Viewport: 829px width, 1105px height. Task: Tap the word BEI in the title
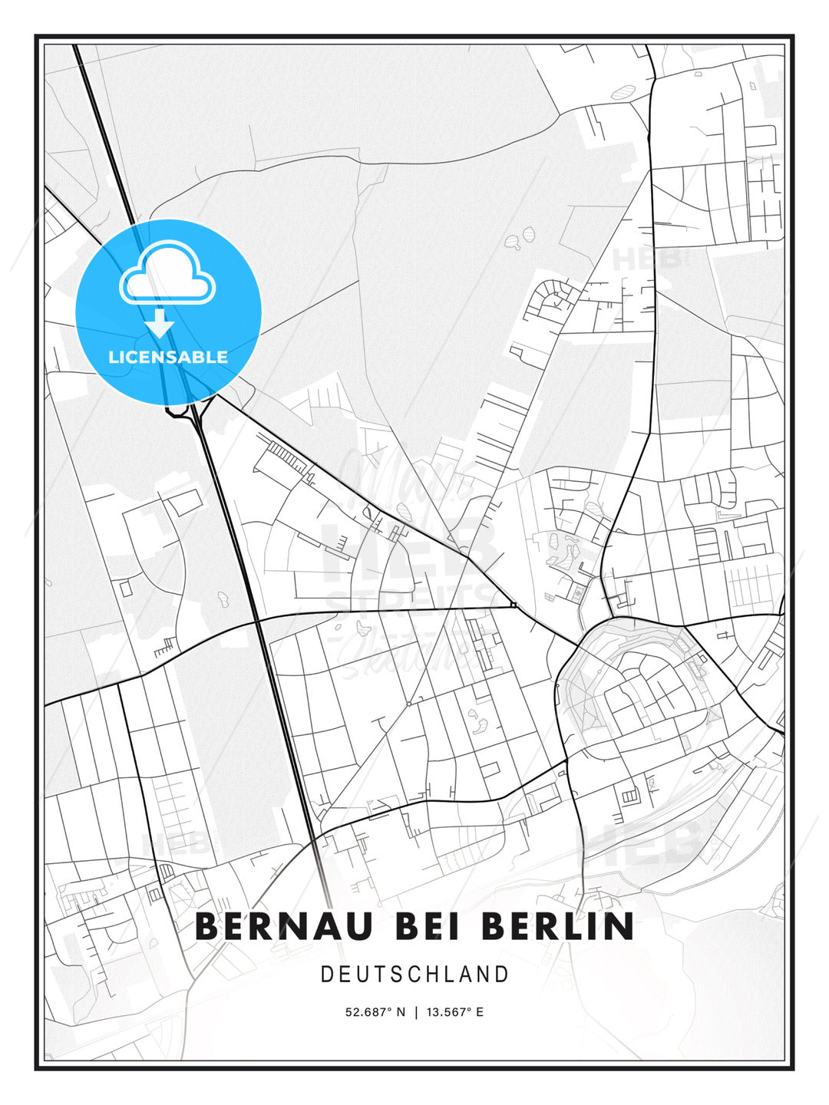coord(429,926)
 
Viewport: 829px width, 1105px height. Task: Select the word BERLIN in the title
coord(558,926)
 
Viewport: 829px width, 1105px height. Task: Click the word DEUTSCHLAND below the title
coord(414,975)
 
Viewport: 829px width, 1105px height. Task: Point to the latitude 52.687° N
coord(375,1012)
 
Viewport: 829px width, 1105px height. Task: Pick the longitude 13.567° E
coord(455,1012)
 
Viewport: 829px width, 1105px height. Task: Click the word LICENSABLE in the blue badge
coord(168,357)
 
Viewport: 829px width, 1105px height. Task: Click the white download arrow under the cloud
coord(160,323)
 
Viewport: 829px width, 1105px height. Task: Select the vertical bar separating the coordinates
coord(415,1012)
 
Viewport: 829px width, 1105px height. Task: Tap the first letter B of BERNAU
coord(206,926)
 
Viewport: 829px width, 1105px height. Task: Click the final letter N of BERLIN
coord(621,926)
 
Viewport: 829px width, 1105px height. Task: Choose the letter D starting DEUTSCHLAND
coord(326,975)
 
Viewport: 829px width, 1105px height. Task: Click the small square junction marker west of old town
coord(513,606)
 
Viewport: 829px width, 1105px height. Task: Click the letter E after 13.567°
coord(480,1012)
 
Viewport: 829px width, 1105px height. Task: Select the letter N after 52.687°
coord(400,1012)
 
